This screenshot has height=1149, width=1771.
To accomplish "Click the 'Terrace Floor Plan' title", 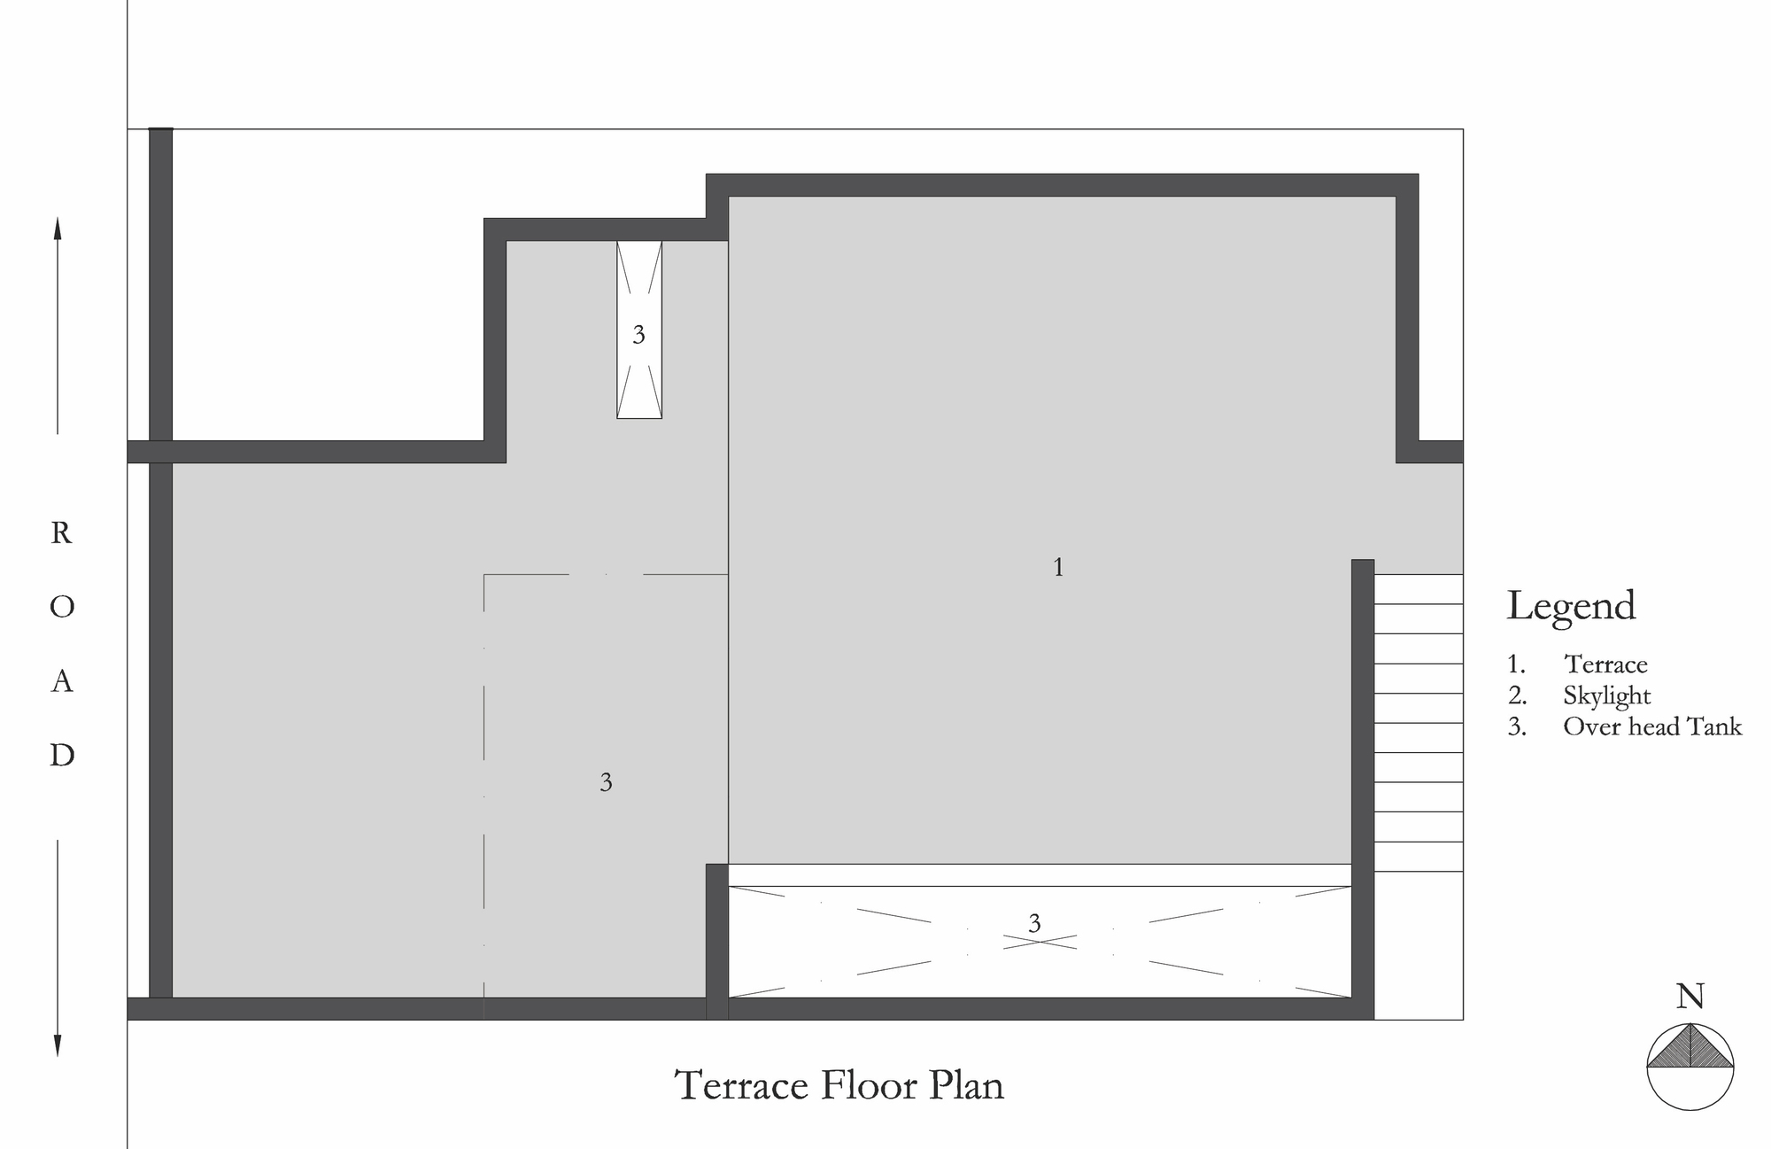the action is [839, 1085].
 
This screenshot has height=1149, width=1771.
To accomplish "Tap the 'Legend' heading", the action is [1572, 607].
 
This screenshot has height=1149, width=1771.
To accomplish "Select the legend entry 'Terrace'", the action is [1605, 664].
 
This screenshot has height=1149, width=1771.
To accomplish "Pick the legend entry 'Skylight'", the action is [1607, 696].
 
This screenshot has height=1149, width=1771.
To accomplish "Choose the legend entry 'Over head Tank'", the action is [1652, 726].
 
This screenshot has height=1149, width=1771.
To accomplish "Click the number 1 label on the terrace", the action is [1058, 567].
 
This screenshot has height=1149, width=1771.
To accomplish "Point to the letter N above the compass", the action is [1690, 998].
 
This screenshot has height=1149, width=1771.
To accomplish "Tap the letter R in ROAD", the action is [61, 533].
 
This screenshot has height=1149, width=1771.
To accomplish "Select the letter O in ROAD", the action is [62, 607].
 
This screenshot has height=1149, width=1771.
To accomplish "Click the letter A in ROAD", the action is [61, 681].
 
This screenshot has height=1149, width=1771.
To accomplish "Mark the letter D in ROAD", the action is [62, 756].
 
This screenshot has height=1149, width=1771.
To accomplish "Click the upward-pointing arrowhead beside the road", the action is [58, 229].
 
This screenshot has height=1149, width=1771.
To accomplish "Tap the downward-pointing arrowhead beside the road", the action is [58, 1045].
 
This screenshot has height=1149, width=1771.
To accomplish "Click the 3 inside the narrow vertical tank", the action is [638, 335].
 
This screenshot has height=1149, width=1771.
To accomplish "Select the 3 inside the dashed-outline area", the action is [606, 782].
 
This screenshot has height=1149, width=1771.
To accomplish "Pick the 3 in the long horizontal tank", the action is [1034, 924].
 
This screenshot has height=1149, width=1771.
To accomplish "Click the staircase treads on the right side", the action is [1418, 723].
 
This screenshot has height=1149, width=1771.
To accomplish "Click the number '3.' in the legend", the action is [1517, 727].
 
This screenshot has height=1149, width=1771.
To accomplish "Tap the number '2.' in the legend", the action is [1517, 696].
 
